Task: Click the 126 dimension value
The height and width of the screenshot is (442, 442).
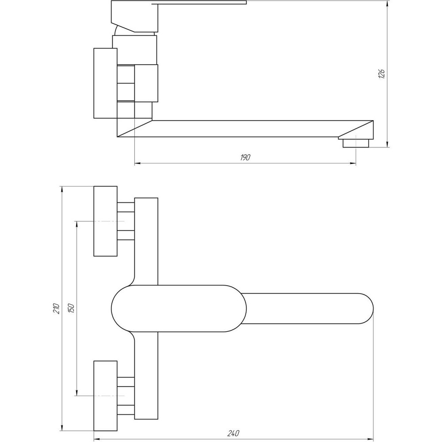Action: click(383, 74)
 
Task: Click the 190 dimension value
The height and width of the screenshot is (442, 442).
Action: click(246, 158)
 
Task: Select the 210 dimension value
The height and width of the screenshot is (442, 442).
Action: click(56, 308)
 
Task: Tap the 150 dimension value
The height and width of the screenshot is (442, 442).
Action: click(72, 308)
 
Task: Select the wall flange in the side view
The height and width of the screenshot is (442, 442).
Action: click(105, 83)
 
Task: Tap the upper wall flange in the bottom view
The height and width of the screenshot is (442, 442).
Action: click(105, 221)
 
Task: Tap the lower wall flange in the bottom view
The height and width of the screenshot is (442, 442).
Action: click(105, 396)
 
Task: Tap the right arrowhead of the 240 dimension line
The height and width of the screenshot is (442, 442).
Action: click(370, 439)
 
